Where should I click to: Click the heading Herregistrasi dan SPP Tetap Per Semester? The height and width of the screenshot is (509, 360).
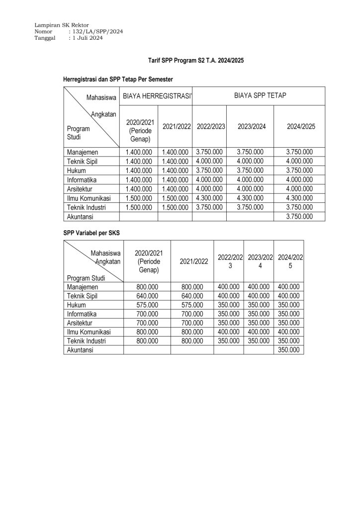[118, 79]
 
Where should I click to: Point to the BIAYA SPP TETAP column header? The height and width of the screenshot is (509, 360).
[260, 95]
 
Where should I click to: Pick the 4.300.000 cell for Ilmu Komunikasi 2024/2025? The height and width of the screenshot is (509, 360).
[299, 198]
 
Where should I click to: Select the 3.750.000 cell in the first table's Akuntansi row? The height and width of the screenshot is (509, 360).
[299, 216]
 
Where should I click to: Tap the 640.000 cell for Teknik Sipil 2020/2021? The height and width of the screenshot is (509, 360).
[147, 296]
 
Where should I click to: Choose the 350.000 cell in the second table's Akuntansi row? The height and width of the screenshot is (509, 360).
[288, 350]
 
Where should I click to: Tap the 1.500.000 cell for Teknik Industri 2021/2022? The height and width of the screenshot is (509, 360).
[175, 207]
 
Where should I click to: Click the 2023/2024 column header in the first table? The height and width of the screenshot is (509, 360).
[252, 126]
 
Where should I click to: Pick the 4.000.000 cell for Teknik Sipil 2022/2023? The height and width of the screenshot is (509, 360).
[209, 161]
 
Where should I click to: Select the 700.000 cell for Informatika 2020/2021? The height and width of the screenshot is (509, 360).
[147, 314]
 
